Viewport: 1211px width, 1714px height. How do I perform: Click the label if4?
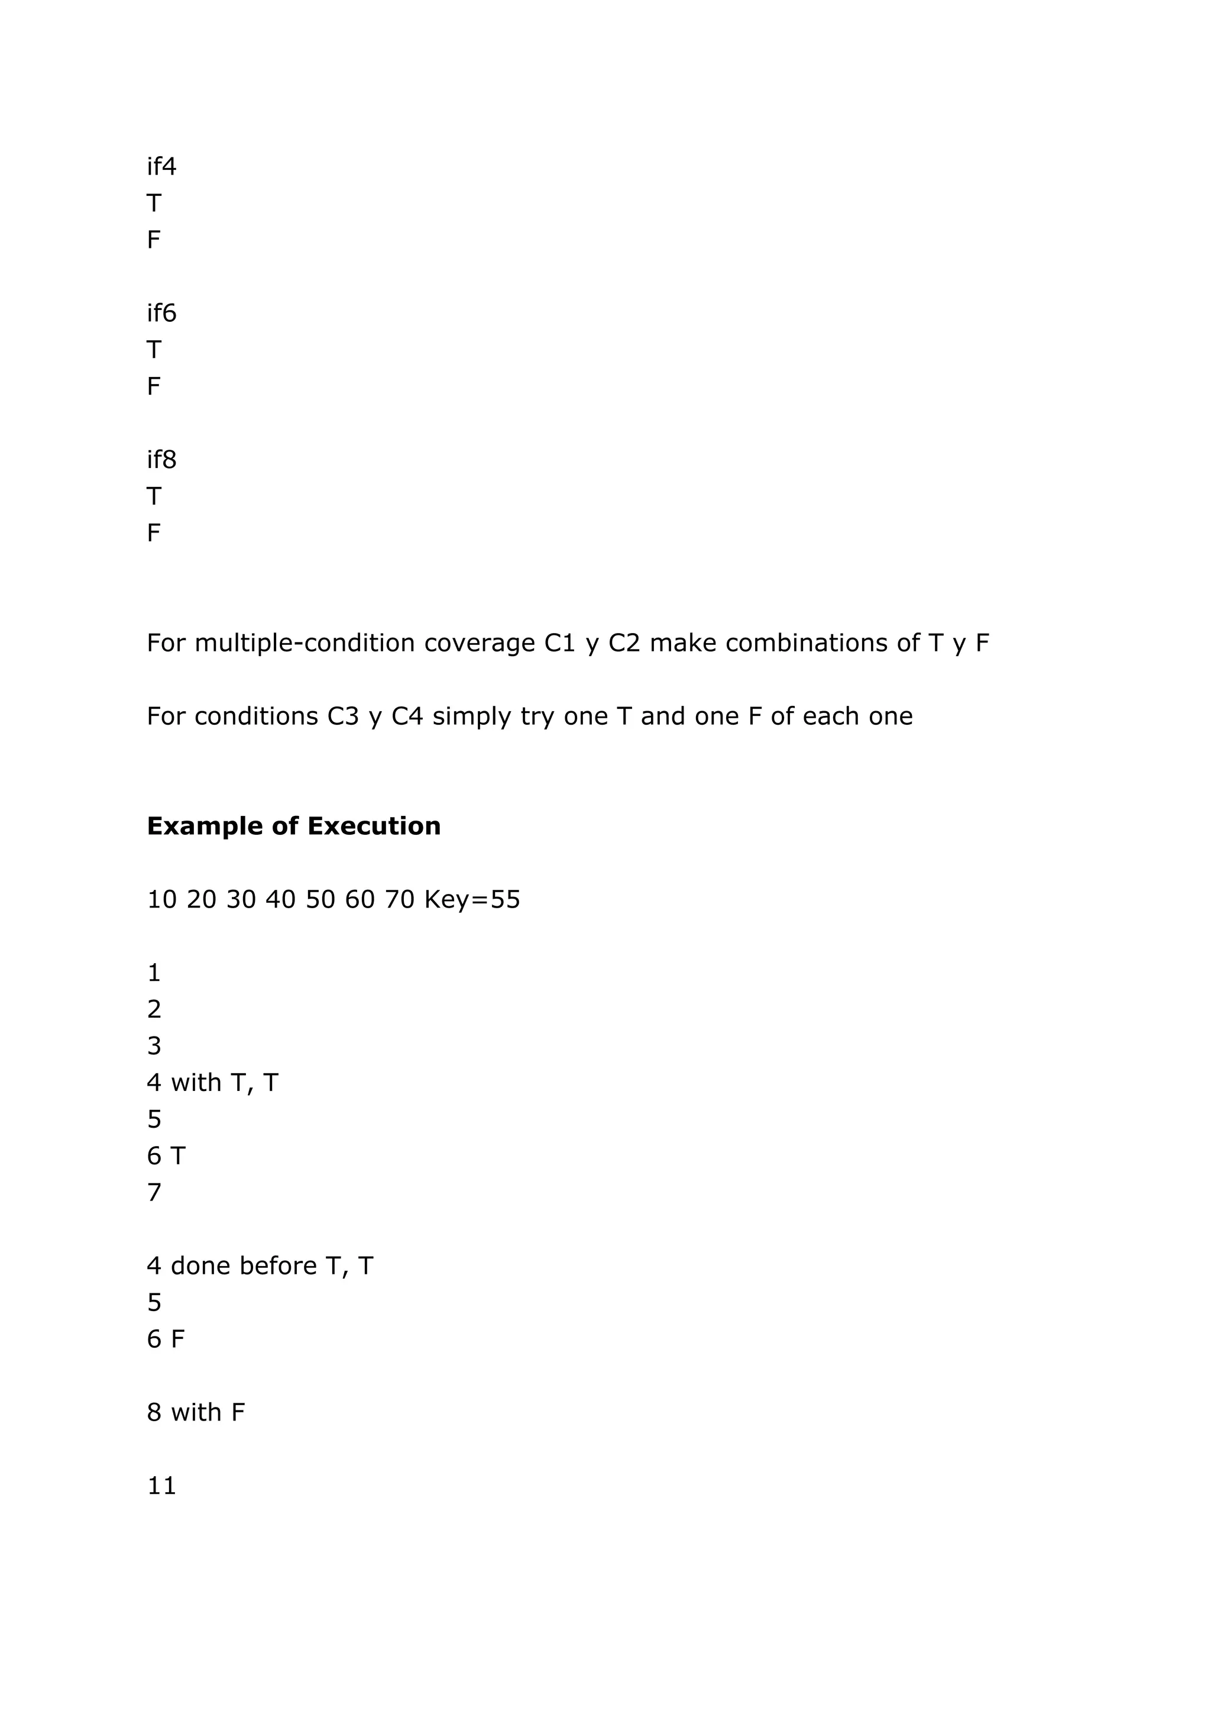pyautogui.click(x=161, y=166)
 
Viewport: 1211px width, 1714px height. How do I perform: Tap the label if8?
pyautogui.click(x=161, y=459)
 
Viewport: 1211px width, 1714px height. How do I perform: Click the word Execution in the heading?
pyautogui.click(x=373, y=826)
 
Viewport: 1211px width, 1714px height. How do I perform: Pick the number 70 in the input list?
pyautogui.click(x=399, y=899)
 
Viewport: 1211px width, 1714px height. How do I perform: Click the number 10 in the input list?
pyautogui.click(x=161, y=899)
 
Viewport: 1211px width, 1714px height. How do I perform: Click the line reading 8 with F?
pyautogui.click(x=196, y=1412)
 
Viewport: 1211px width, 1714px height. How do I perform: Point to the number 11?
pyautogui.click(x=161, y=1486)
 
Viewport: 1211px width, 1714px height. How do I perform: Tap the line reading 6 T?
pyautogui.click(x=166, y=1155)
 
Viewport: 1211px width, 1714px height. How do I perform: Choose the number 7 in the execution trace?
pyautogui.click(x=154, y=1192)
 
